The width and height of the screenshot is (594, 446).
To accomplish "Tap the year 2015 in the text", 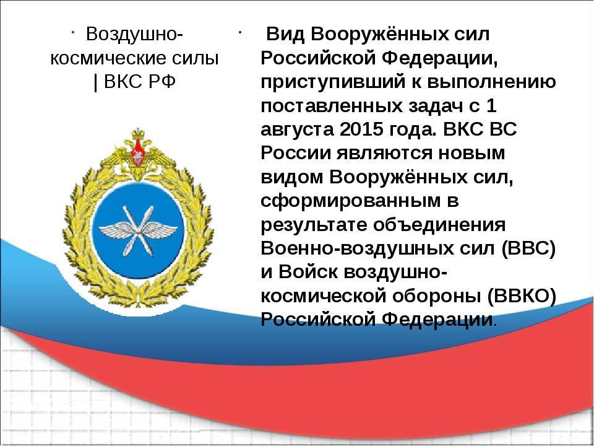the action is pos(362,129).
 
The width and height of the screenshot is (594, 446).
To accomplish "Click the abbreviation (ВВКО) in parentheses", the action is pos(522,297).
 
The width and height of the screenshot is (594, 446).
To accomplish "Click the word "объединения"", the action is pos(439,225).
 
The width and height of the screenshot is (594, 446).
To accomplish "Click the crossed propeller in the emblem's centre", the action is pos(138,230).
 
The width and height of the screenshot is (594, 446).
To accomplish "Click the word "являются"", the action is pos(384,154).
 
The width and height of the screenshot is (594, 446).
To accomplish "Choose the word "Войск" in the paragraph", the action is pos(308,273).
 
